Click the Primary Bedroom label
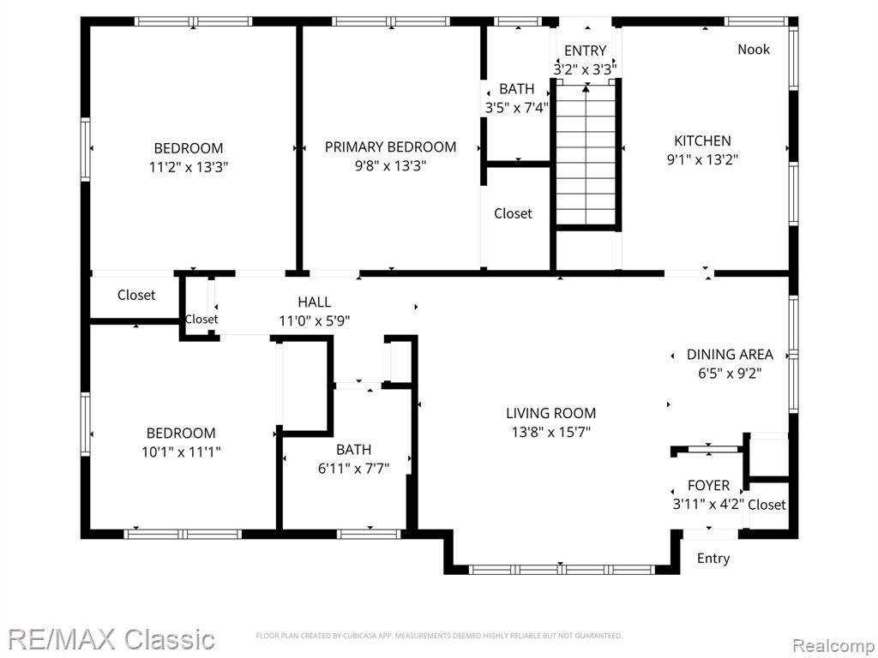(390, 147)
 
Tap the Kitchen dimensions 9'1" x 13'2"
(702, 159)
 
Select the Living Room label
(551, 414)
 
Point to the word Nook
(753, 49)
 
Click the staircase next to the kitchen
(586, 154)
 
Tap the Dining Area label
(730, 354)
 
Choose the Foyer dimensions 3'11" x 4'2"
(708, 504)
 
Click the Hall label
(314, 302)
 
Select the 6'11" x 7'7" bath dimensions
(354, 469)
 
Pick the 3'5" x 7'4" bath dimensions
(516, 107)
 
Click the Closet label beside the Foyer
(767, 505)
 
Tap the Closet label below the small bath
(513, 213)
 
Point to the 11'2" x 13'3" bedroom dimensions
(189, 167)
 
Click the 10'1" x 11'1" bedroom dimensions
(181, 452)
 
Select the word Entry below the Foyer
(713, 559)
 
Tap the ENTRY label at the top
(585, 51)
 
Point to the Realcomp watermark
(833, 646)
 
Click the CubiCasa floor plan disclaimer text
(439, 636)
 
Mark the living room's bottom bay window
(562, 570)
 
